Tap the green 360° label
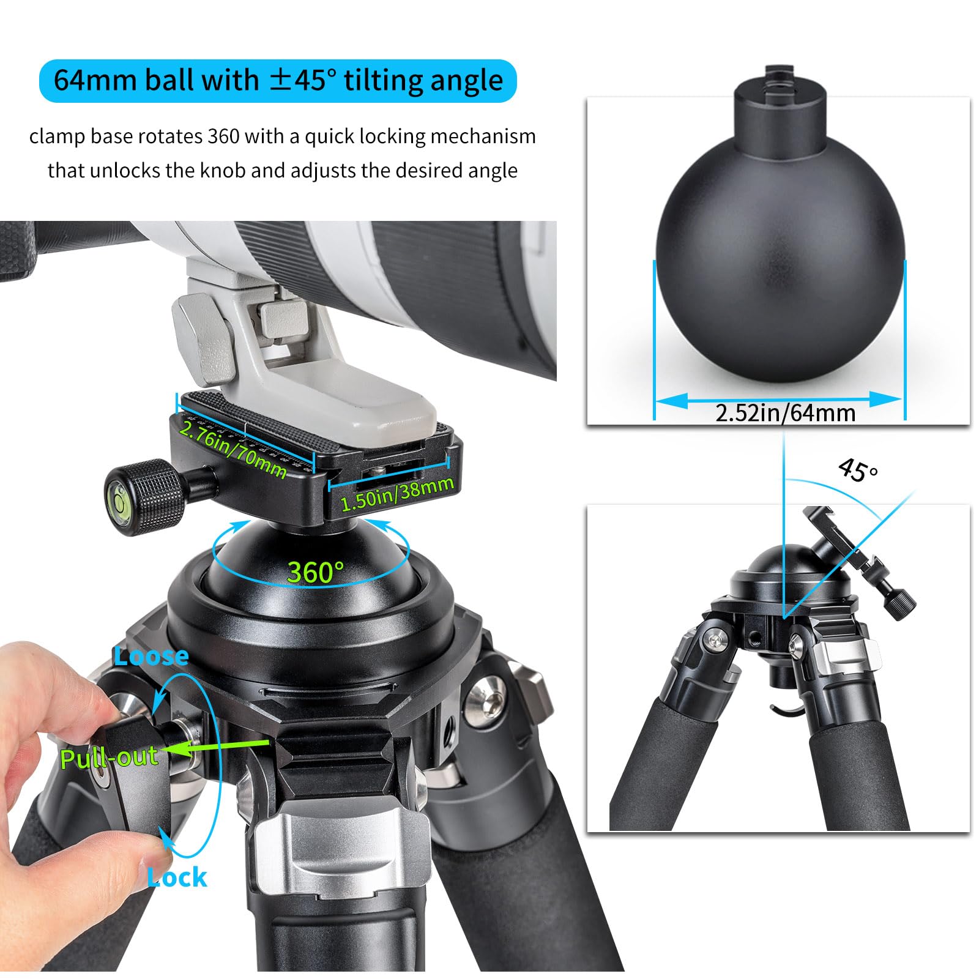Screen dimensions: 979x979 tap(316, 572)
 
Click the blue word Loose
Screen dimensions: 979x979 tap(151, 656)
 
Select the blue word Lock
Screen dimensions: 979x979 tap(177, 877)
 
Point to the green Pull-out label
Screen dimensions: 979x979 tap(109, 758)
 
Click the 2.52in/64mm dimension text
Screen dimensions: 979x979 tap(785, 413)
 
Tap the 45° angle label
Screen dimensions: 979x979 tap(857, 470)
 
